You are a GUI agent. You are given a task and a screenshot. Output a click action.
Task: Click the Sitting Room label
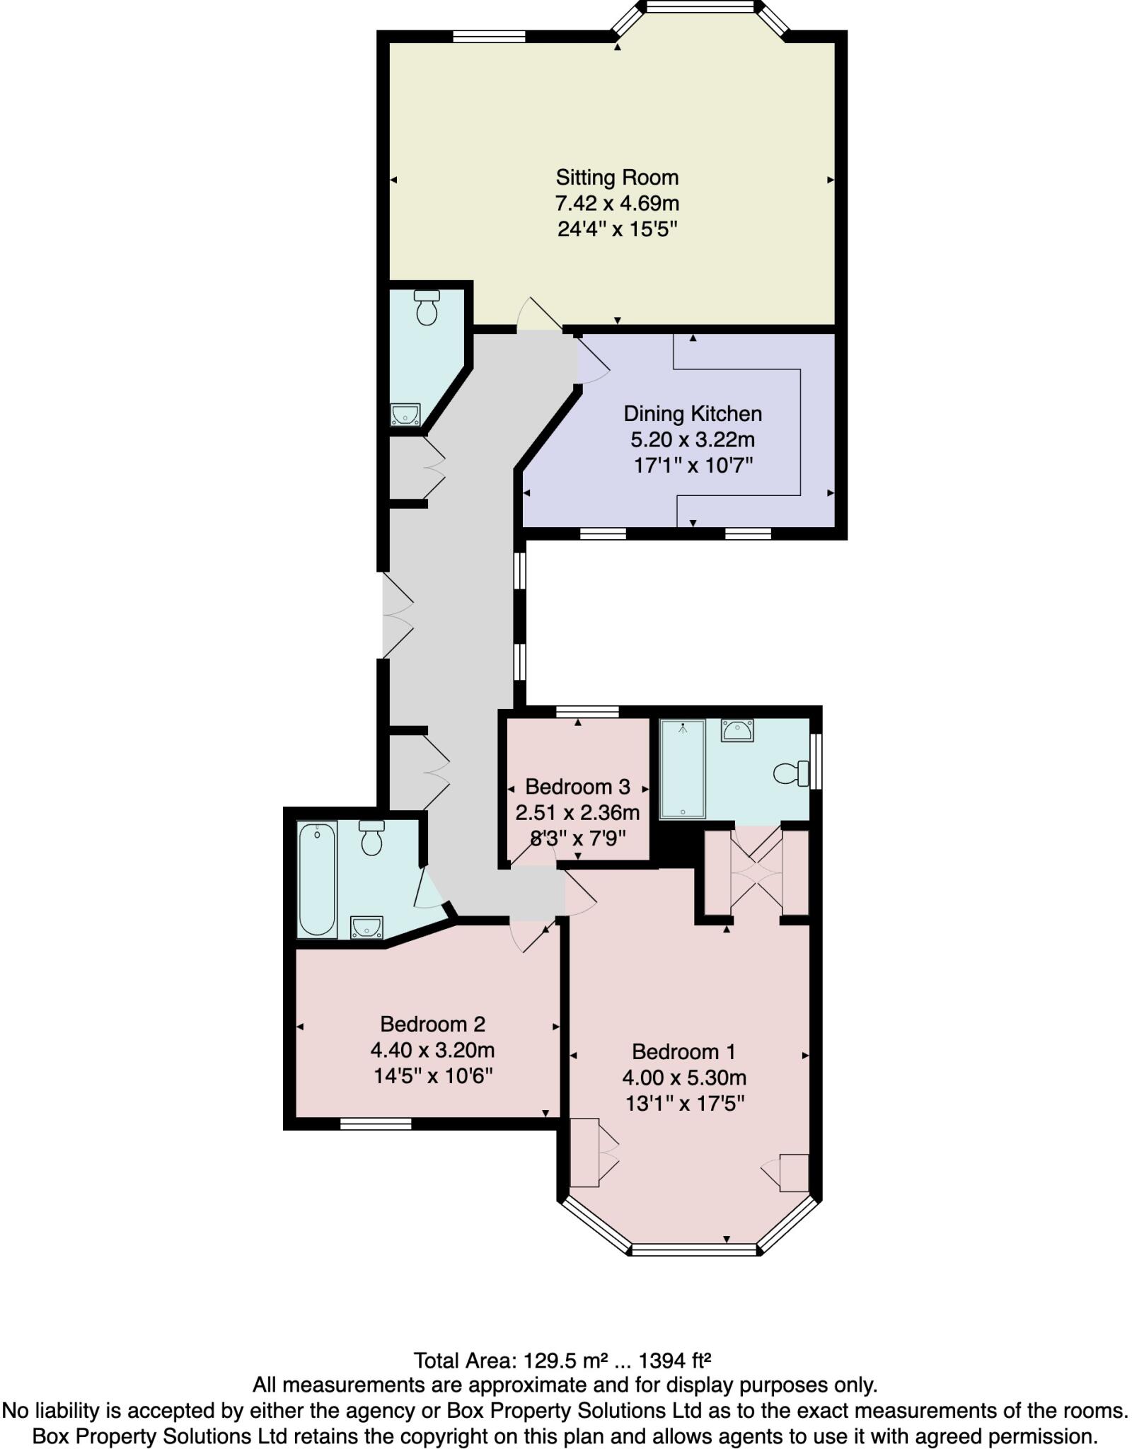[616, 177]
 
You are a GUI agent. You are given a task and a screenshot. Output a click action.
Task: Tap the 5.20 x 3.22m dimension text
[692, 439]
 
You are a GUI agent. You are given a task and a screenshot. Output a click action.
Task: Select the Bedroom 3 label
[577, 786]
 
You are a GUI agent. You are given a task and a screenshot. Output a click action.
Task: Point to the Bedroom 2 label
[432, 1024]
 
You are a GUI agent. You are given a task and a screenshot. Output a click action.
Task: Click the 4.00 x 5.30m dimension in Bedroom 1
[684, 1078]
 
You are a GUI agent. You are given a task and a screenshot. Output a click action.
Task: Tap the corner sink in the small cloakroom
[405, 415]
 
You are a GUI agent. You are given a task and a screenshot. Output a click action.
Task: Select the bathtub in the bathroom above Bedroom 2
[317, 879]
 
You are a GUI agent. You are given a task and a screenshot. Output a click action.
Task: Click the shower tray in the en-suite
[682, 769]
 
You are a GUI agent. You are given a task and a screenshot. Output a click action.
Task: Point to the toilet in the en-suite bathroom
[791, 773]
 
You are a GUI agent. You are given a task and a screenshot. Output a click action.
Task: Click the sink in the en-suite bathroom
[737, 729]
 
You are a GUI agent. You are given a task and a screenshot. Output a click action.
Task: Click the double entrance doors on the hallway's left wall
[396, 616]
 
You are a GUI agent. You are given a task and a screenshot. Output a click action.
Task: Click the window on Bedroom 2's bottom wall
[375, 1124]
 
